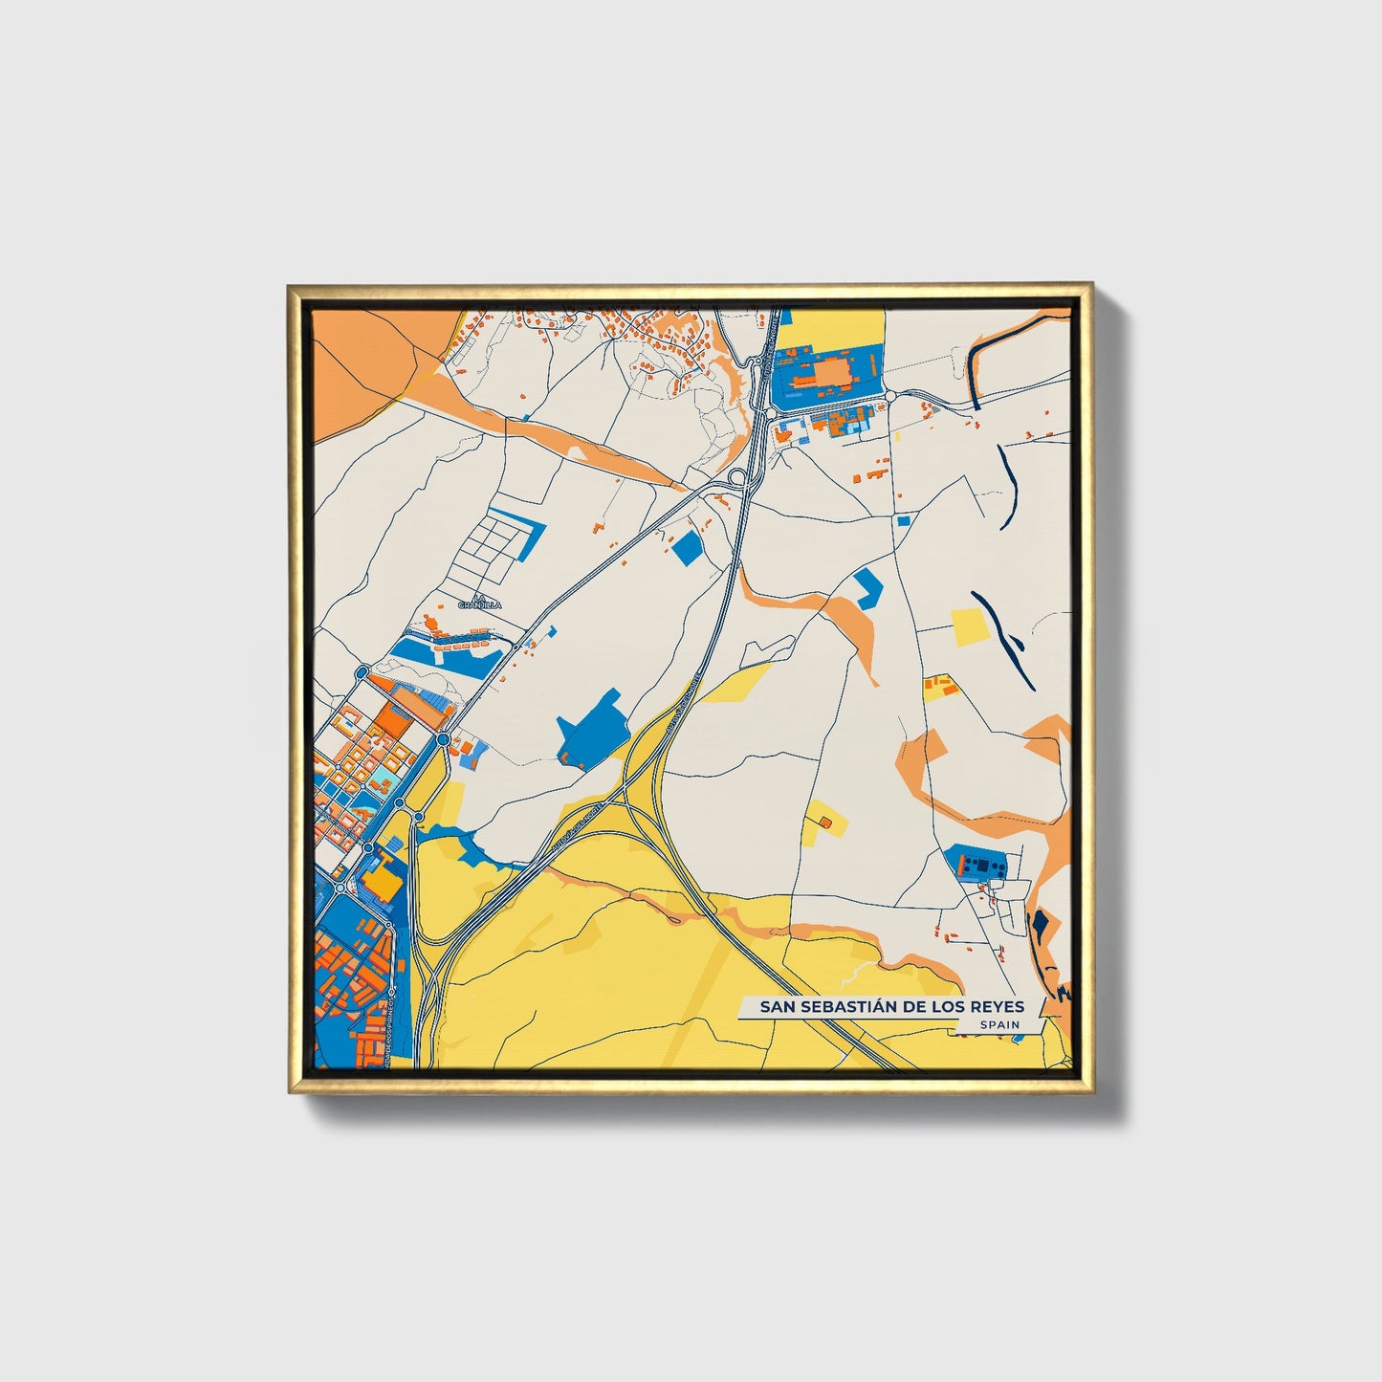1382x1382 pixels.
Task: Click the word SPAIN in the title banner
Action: tap(998, 1024)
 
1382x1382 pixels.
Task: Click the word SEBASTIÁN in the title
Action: tap(843, 1006)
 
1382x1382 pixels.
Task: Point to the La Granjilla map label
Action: tap(473, 601)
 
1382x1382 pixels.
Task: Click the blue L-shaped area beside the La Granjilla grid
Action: tap(527, 535)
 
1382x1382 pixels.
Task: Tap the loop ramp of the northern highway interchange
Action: tap(737, 477)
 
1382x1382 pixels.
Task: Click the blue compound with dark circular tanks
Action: tap(978, 864)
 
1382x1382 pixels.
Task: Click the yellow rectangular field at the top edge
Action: tap(828, 328)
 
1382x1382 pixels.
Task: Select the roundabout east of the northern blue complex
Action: tap(889, 395)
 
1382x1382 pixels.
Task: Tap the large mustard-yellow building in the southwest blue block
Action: tap(384, 878)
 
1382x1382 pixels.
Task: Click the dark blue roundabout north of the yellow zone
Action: tap(444, 739)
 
